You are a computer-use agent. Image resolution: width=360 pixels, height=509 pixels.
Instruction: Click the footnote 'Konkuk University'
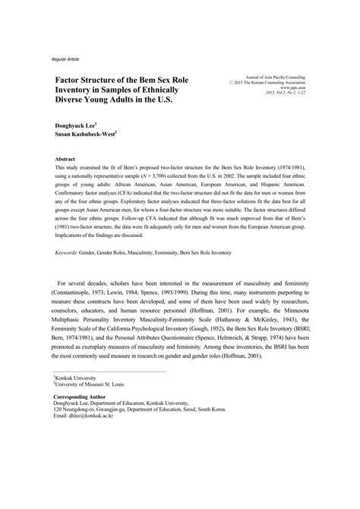click(77, 378)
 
